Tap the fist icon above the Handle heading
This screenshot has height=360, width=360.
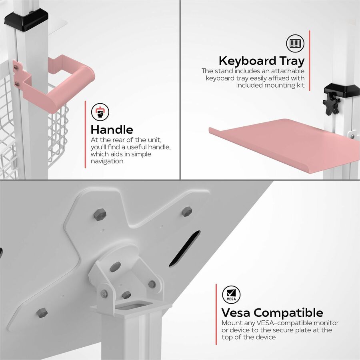(100, 112)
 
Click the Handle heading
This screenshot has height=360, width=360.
(112, 130)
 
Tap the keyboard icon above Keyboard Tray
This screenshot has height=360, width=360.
(294, 43)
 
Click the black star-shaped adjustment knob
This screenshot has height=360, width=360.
(332, 104)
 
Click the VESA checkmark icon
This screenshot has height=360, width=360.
(231, 294)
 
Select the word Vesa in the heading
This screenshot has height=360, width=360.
(236, 312)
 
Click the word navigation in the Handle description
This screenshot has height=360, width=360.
(107, 161)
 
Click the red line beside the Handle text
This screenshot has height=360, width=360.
(85, 134)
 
